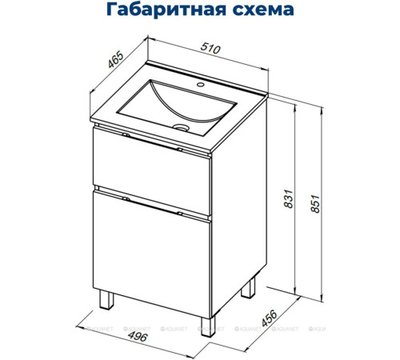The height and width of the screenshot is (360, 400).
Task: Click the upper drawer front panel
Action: tap(152, 170)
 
